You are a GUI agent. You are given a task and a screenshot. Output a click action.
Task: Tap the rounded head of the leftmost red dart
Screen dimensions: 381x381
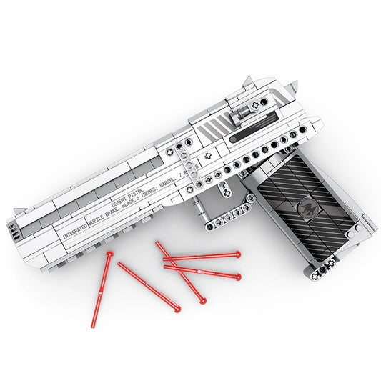coord(109,254)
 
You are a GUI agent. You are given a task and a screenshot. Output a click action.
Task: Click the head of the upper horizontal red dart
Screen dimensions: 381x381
coord(237,254)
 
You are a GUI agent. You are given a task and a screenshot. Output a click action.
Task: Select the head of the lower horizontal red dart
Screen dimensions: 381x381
coord(237,276)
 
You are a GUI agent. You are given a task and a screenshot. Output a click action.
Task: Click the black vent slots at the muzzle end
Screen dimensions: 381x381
coord(14,229)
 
